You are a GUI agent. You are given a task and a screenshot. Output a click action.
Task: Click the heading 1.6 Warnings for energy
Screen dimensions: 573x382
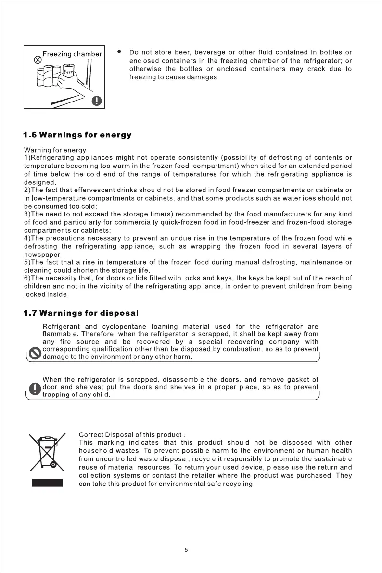pos(77,135)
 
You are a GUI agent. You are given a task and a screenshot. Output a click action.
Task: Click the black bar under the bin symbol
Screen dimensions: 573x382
pos(47,483)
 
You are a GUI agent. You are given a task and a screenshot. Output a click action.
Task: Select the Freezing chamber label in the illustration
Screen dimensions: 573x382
pos(72,54)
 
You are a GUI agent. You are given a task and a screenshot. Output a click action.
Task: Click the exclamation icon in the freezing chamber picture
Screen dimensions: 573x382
pos(97,101)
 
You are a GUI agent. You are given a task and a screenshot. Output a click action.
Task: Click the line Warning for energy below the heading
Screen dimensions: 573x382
pos(55,150)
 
